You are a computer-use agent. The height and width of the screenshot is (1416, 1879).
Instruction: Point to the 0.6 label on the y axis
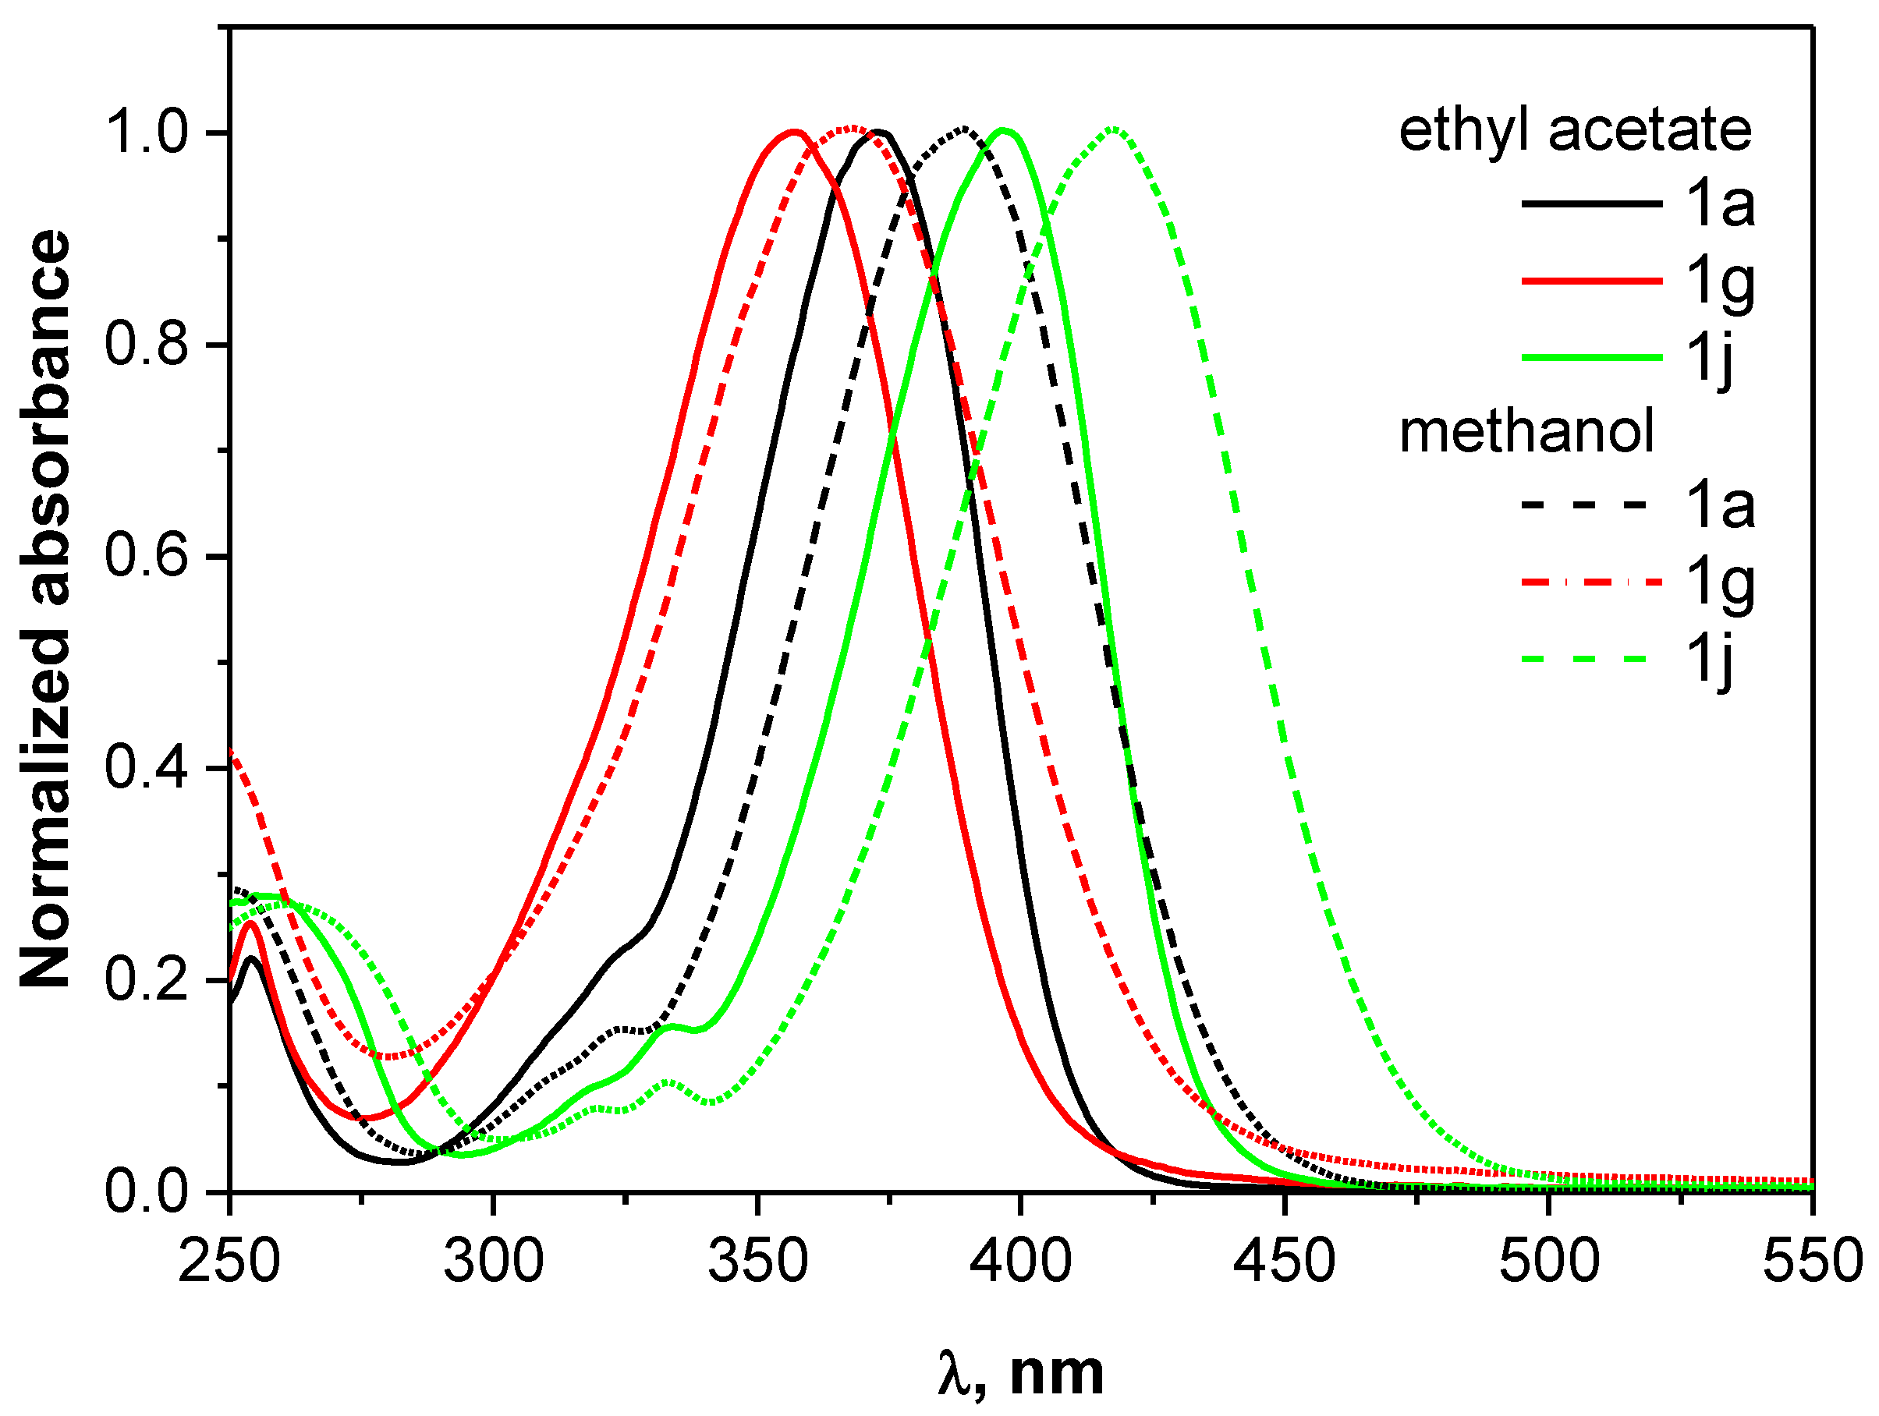click(x=145, y=558)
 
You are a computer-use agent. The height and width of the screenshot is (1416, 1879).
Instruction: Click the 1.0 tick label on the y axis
click(x=145, y=133)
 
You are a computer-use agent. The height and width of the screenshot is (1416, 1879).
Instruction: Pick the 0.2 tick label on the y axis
click(x=145, y=980)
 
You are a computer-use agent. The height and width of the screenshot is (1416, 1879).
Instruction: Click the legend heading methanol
click(x=1526, y=431)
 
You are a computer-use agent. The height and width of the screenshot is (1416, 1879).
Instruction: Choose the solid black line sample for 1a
click(x=1591, y=204)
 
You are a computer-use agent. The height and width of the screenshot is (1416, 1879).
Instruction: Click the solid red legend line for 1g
click(x=1591, y=280)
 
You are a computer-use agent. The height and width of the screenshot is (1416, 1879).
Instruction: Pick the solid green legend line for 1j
click(x=1591, y=358)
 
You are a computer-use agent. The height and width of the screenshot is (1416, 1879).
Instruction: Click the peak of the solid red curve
click(x=794, y=132)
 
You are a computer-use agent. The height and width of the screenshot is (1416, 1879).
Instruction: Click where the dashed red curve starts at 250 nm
click(x=231, y=752)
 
